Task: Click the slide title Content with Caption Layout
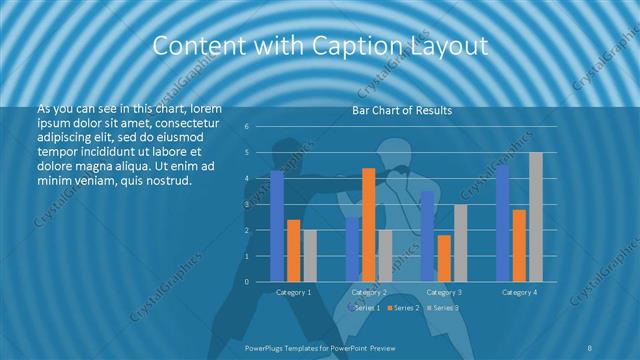click(x=319, y=46)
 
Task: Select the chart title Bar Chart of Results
click(x=401, y=110)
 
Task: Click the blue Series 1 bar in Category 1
click(x=277, y=226)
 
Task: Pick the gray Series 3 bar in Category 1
click(x=309, y=256)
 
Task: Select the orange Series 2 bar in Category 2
click(x=369, y=225)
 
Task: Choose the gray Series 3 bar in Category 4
click(x=535, y=217)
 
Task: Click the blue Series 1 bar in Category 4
click(x=503, y=223)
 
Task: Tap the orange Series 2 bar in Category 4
click(x=519, y=245)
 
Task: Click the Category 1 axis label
click(x=293, y=292)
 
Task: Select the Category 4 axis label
click(x=519, y=292)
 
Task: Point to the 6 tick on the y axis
click(x=246, y=127)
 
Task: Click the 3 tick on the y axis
click(x=246, y=204)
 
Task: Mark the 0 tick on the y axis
click(x=246, y=281)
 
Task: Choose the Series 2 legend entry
click(x=404, y=307)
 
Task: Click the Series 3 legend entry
click(x=444, y=307)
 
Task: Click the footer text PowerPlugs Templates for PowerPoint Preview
click(x=319, y=346)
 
